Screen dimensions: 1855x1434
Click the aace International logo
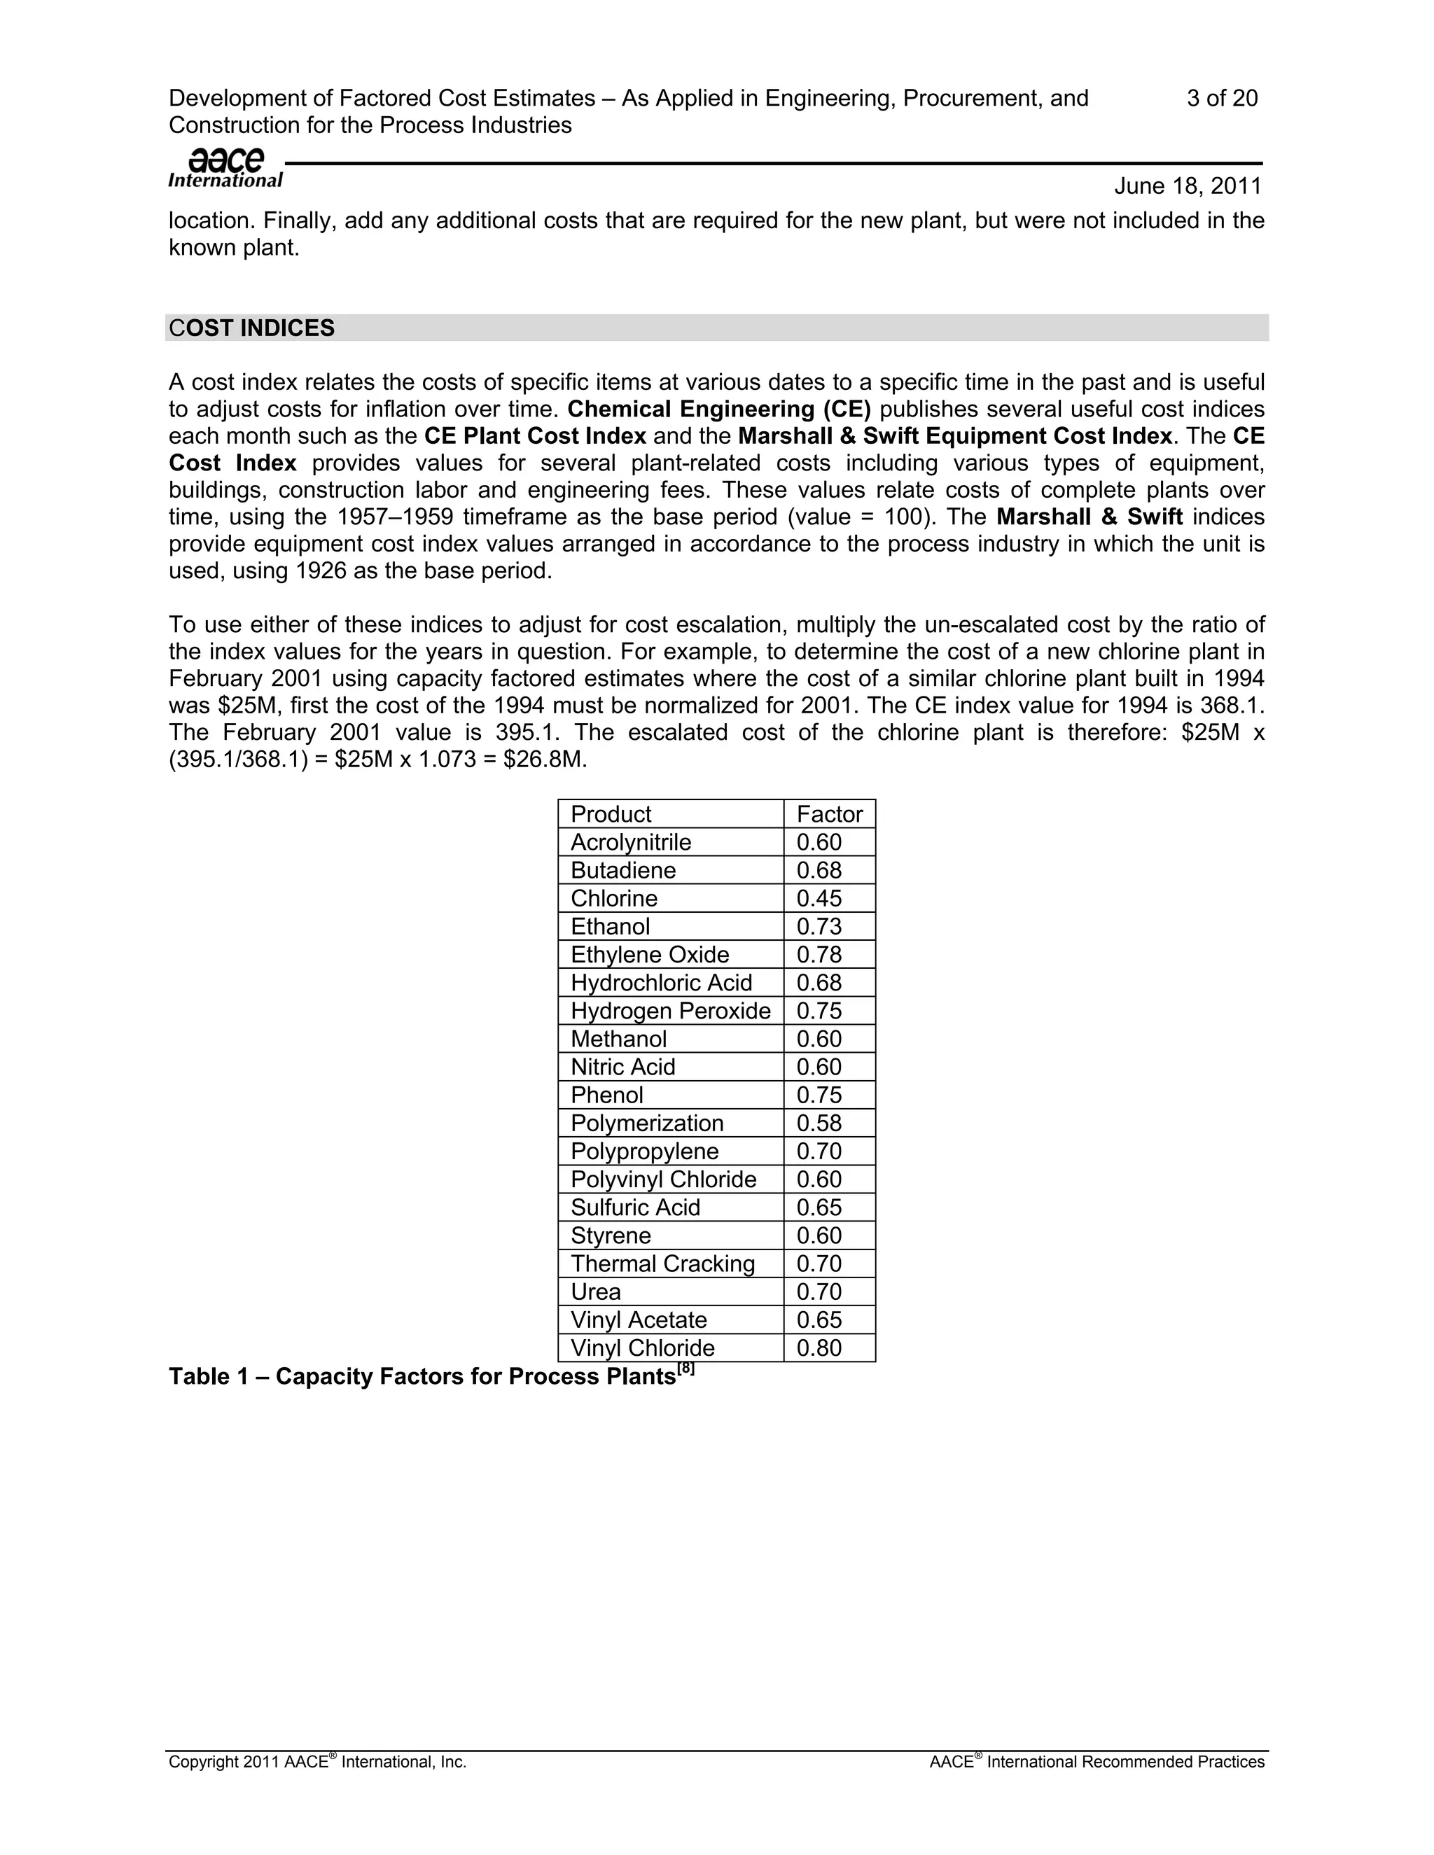[225, 167]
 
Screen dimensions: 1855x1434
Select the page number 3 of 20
[1222, 99]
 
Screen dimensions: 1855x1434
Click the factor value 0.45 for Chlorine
[819, 898]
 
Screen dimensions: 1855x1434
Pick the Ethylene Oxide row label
[649, 954]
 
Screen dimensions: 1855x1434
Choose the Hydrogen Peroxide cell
[670, 1010]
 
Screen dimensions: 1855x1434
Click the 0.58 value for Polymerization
[819, 1123]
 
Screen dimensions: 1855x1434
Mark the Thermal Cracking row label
[662, 1263]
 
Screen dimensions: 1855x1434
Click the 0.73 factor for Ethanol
[819, 926]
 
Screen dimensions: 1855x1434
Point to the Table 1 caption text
[422, 1376]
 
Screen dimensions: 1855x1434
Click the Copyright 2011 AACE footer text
[317, 1762]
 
